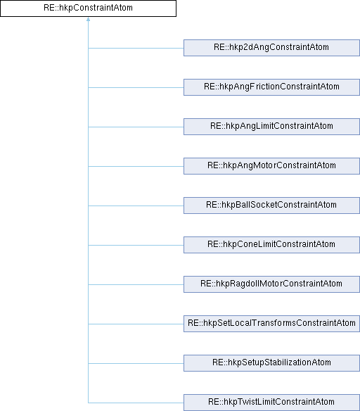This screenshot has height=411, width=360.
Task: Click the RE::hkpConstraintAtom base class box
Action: click(88, 8)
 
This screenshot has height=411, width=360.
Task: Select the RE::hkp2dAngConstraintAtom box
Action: click(272, 48)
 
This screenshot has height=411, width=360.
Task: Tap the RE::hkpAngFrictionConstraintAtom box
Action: click(272, 87)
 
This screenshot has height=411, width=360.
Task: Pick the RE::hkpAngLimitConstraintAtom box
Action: click(272, 127)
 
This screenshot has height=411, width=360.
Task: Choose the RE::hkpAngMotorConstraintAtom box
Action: click(272, 166)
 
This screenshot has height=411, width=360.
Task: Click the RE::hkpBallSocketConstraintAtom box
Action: click(272, 205)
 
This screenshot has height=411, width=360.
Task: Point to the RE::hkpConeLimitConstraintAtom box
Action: click(272, 245)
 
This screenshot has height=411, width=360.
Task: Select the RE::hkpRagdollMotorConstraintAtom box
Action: click(272, 284)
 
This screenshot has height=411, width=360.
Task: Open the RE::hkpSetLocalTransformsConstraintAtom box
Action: click(272, 324)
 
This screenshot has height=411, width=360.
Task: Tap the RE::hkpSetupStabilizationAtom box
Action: click(272, 363)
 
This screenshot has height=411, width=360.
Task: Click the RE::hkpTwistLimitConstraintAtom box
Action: click(272, 403)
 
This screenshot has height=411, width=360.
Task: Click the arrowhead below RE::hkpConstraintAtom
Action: click(88, 19)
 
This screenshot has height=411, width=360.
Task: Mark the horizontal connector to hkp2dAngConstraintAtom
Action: click(136, 49)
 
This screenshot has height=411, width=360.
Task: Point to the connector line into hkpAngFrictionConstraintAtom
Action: click(136, 87)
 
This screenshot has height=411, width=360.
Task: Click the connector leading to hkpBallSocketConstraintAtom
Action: click(136, 205)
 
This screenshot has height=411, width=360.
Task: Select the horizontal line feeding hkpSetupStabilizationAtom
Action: click(136, 363)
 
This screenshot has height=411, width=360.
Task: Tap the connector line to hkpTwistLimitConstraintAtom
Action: click(136, 403)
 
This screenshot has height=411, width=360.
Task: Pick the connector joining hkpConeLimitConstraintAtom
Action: click(136, 246)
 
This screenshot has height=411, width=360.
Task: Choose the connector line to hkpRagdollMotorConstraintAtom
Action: click(136, 284)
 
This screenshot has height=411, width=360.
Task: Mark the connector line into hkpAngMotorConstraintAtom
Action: click(136, 167)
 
